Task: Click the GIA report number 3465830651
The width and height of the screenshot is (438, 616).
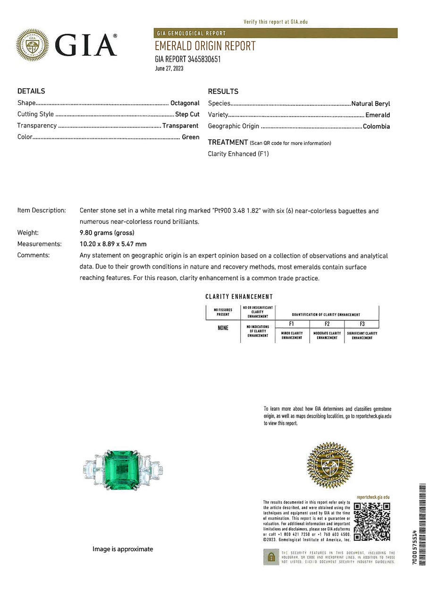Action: point(187,59)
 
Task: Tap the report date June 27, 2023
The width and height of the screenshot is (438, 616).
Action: point(169,68)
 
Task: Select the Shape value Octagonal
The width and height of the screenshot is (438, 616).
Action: point(185,103)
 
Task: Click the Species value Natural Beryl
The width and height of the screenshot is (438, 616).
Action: point(371,103)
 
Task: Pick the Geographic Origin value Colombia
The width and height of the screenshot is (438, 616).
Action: point(376,127)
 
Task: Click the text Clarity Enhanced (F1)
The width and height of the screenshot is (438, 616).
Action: point(238,154)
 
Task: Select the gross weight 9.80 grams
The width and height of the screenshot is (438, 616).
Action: point(107,233)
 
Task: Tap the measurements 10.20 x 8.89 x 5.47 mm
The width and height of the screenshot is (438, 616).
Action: point(113,244)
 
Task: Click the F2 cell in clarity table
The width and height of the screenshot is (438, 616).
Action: point(327,324)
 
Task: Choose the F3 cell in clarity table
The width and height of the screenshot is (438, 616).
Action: point(362,324)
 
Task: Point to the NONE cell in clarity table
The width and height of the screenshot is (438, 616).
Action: point(223,328)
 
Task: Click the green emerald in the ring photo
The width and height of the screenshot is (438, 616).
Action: point(123,469)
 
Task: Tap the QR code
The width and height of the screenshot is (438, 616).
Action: point(371,522)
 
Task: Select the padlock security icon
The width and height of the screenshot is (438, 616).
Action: point(271,557)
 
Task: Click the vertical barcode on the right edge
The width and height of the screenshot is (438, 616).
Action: point(422,524)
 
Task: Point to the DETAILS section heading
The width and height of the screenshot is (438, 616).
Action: point(31,91)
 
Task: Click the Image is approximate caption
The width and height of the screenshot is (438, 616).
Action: point(123,549)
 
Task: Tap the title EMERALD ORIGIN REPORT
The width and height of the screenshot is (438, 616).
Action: point(205,46)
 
